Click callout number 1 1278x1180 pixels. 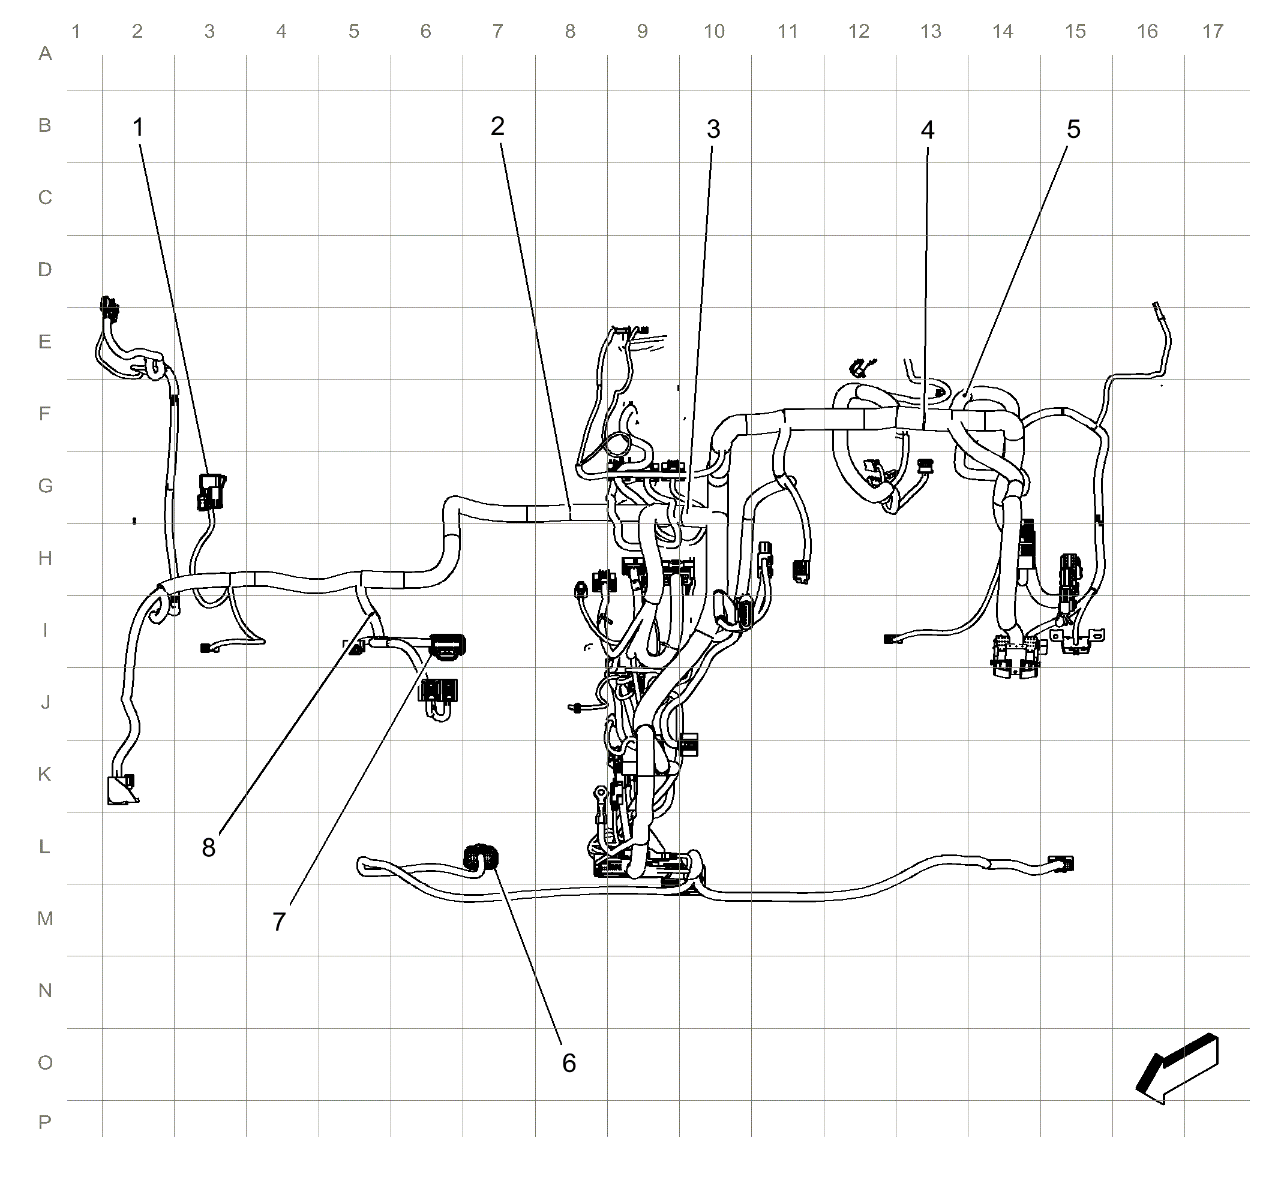(x=138, y=128)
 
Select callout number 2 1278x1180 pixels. (x=498, y=127)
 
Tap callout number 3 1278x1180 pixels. (x=714, y=130)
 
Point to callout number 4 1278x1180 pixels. (x=928, y=130)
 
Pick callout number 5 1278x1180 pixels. (x=1073, y=130)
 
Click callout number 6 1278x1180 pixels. (x=569, y=1063)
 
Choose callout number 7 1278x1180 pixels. (x=279, y=922)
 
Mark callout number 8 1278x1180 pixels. (x=209, y=848)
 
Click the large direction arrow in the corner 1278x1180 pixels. (x=1177, y=1069)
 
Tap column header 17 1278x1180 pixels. (x=1213, y=31)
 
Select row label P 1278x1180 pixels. (x=45, y=1122)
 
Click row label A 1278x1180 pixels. (x=45, y=53)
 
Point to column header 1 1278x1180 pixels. (x=76, y=31)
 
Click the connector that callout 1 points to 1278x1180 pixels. (x=211, y=492)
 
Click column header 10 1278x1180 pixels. (x=715, y=31)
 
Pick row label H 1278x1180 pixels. (x=45, y=558)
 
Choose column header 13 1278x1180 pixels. (x=931, y=31)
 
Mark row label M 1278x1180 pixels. (x=45, y=919)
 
